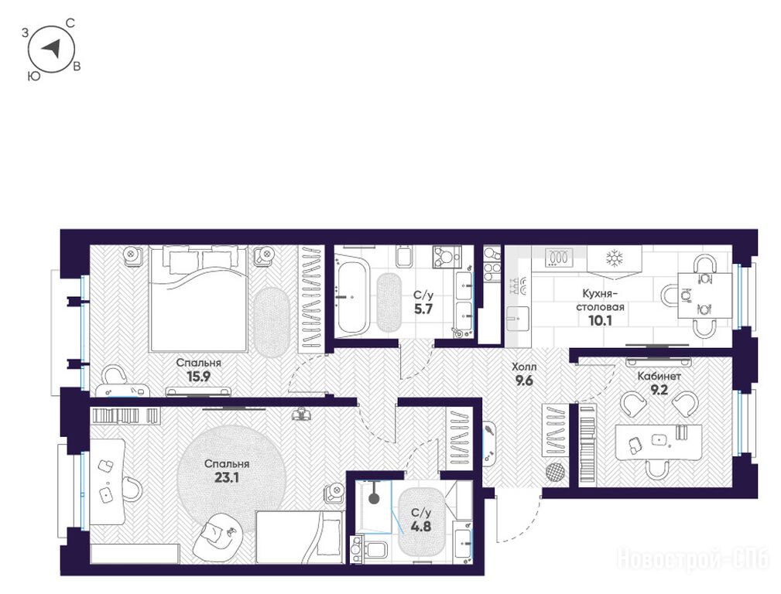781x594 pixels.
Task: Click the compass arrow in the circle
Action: pos(51,48)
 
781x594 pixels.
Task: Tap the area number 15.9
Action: pos(197,377)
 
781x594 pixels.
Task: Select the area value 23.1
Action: pos(227,477)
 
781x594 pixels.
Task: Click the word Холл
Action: pos(525,367)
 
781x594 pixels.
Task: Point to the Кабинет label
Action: pos(659,377)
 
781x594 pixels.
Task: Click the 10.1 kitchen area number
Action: pos(600,321)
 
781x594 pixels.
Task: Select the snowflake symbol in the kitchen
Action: pos(614,258)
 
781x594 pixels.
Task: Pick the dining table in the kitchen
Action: pos(704,295)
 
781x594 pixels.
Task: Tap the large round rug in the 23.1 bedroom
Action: pos(232,479)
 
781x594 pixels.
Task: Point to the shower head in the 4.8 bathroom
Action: pos(374,498)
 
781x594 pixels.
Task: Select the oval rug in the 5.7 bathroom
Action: pos(389,302)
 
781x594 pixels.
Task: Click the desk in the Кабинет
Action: pos(658,442)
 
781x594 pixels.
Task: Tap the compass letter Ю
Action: pos(34,76)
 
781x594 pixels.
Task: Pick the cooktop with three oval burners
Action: pos(560,258)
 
